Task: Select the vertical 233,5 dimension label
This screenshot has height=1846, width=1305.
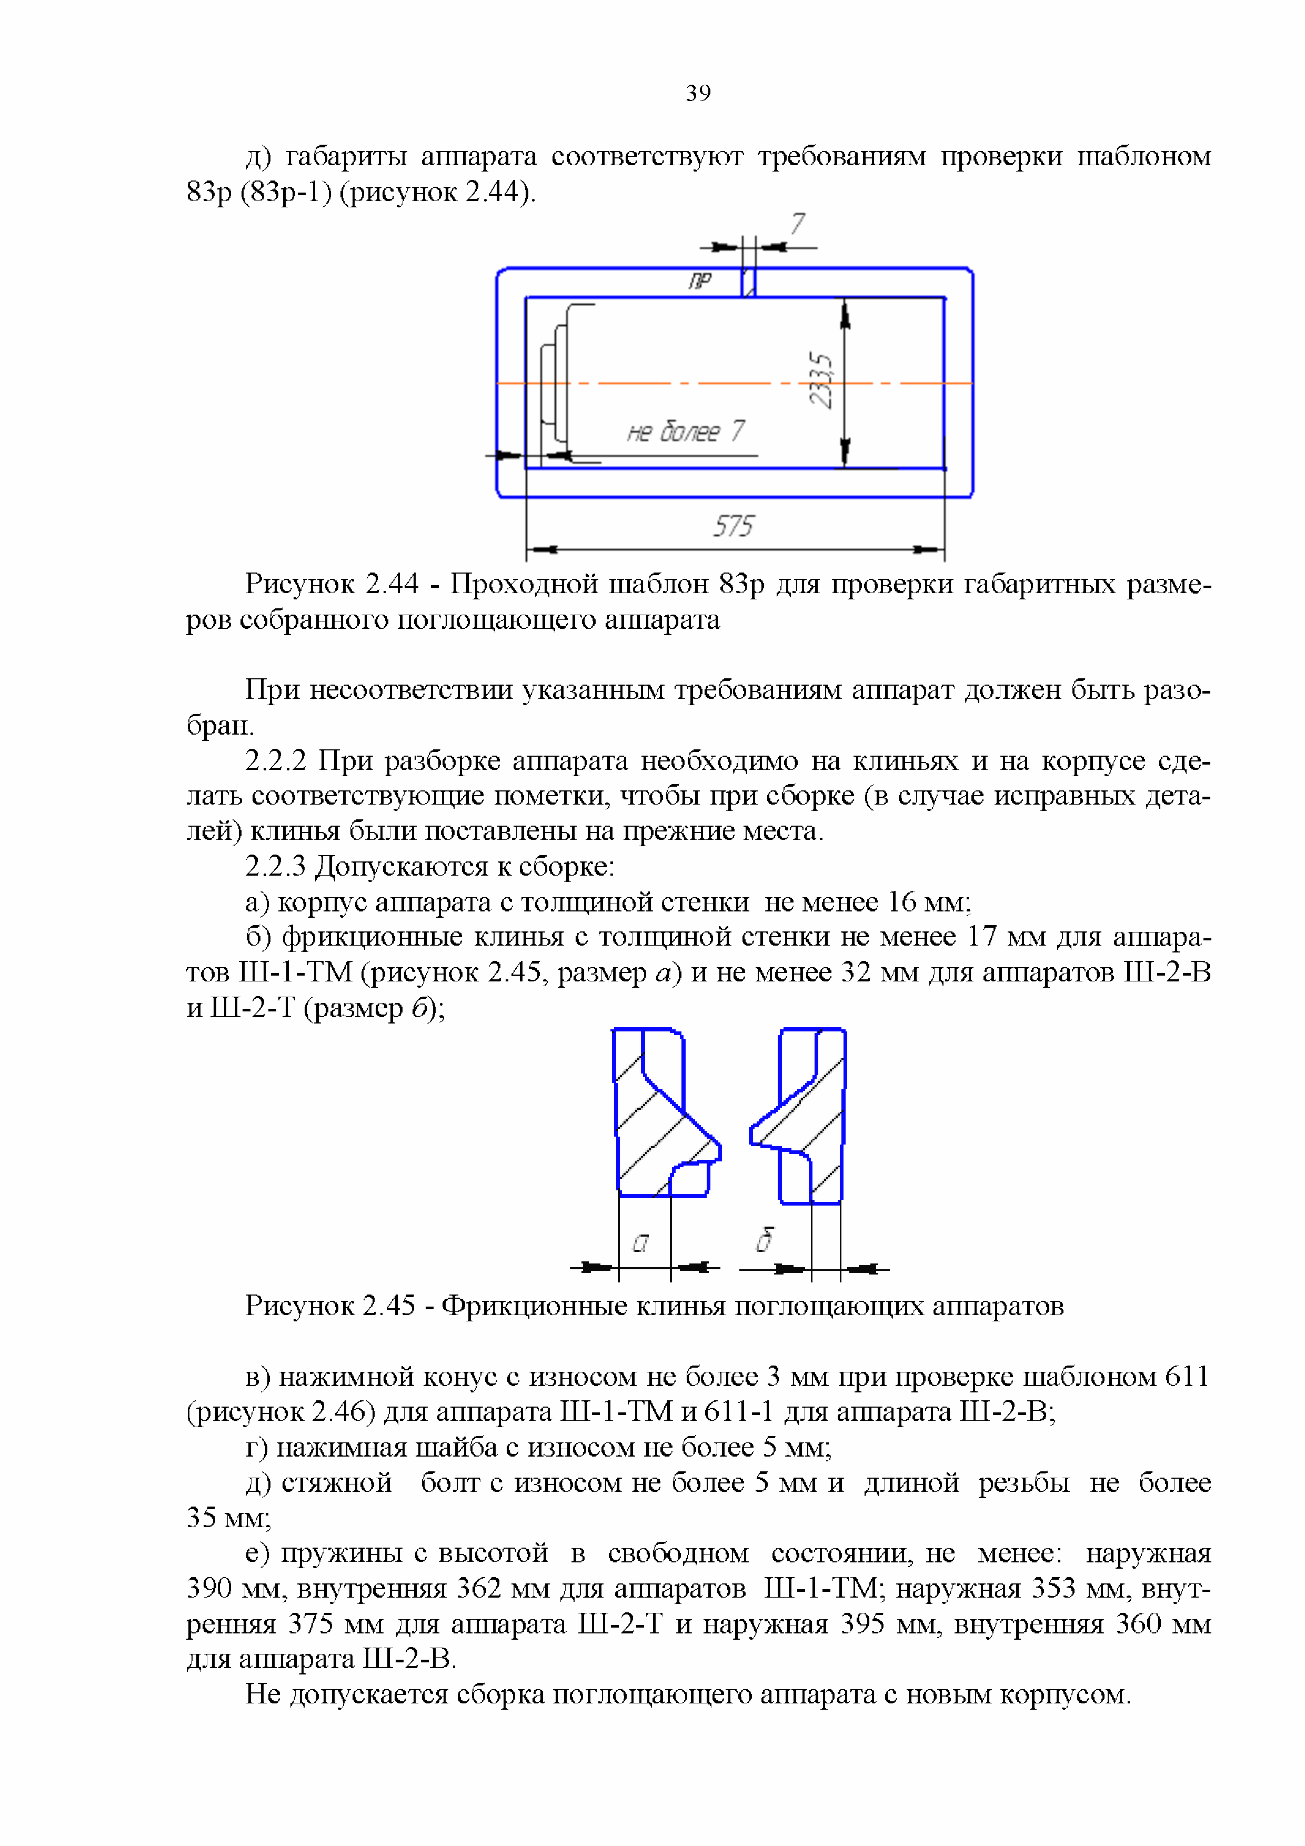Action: [x=821, y=380]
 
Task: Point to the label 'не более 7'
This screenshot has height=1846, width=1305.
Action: [x=685, y=432]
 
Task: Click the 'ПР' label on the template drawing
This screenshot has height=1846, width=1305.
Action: [x=699, y=280]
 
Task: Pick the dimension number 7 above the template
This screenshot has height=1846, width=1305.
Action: [x=797, y=224]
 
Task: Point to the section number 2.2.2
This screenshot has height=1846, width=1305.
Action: [x=275, y=760]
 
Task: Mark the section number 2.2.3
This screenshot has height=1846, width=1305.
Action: [x=275, y=867]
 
